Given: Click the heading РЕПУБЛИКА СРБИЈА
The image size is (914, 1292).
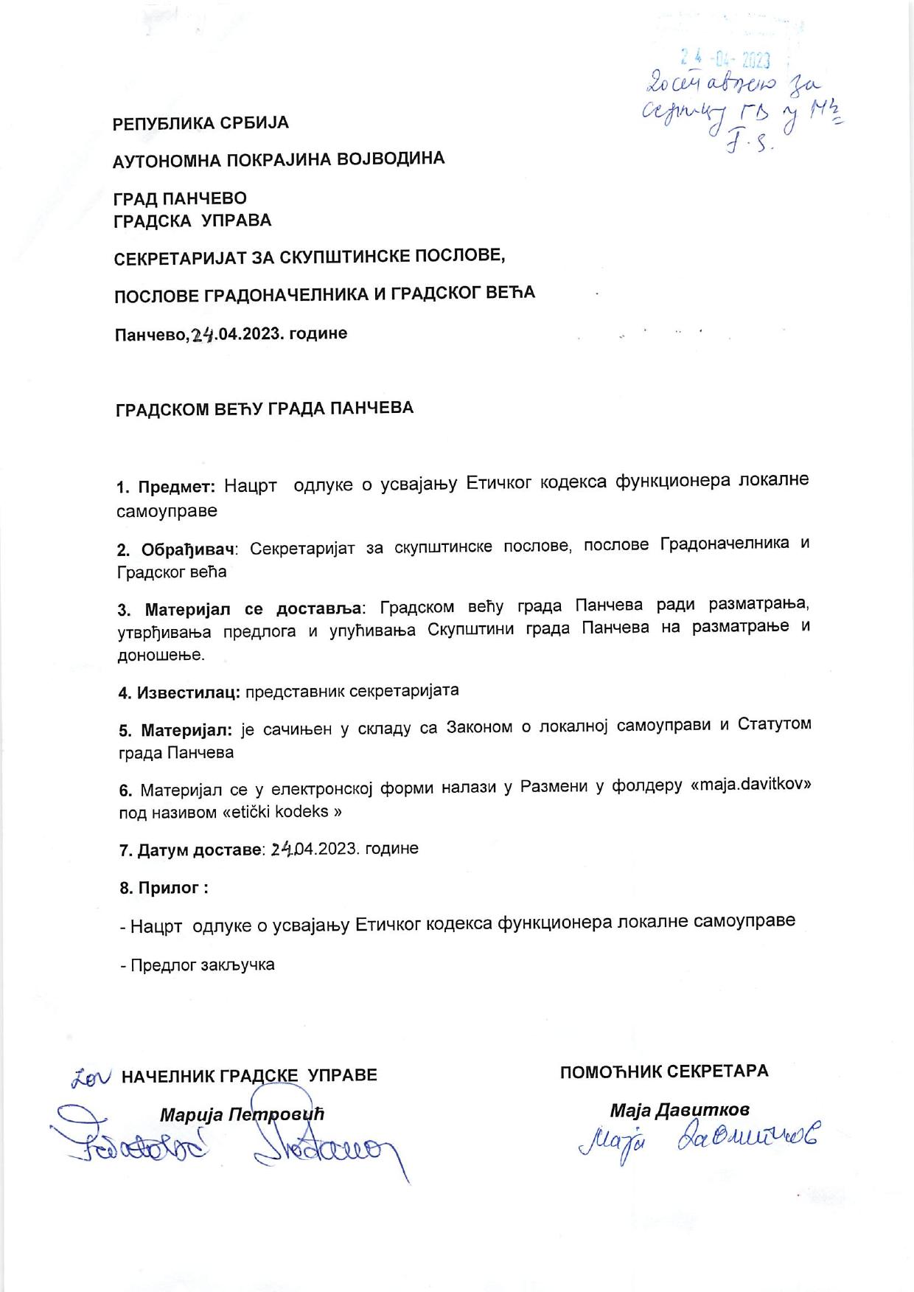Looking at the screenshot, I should pyautogui.click(x=200, y=123).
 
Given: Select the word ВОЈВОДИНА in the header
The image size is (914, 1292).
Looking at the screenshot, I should pyautogui.click(x=391, y=159).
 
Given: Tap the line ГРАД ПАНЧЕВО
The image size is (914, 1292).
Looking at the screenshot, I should pyautogui.click(x=181, y=198).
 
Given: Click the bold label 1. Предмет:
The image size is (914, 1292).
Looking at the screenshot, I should pyautogui.click(x=166, y=486).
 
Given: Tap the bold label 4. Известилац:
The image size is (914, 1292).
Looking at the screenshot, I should pyautogui.click(x=179, y=692).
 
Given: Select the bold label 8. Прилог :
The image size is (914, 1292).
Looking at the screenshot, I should pyautogui.click(x=164, y=888).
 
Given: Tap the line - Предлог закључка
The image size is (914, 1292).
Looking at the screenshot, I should pyautogui.click(x=198, y=965).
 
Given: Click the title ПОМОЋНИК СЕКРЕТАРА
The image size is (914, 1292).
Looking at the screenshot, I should pyautogui.click(x=663, y=1071).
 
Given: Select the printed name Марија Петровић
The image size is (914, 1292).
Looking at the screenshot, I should pyautogui.click(x=242, y=1114).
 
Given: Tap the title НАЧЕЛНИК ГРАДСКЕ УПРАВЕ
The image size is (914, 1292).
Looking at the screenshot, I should pyautogui.click(x=249, y=1075).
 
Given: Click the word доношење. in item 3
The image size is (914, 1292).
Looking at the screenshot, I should pyautogui.click(x=161, y=655).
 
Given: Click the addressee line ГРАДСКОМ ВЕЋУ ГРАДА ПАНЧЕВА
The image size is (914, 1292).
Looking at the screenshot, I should pyautogui.click(x=265, y=409).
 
